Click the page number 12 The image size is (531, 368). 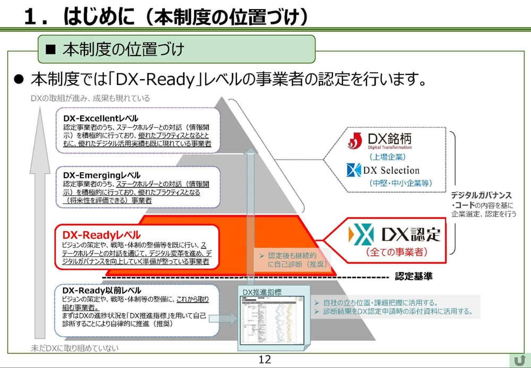click(x=264, y=359)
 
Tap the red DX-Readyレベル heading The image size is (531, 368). click(x=101, y=235)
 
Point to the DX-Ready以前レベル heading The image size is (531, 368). click(x=101, y=290)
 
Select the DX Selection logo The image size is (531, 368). click(x=382, y=170)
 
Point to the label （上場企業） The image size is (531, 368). click(x=387, y=157)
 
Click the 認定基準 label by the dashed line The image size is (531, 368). click(x=413, y=277)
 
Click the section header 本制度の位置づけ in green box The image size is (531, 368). click(x=123, y=49)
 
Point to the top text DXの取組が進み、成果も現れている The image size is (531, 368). click(x=90, y=98)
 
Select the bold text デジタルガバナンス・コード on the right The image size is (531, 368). click(x=481, y=200)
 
